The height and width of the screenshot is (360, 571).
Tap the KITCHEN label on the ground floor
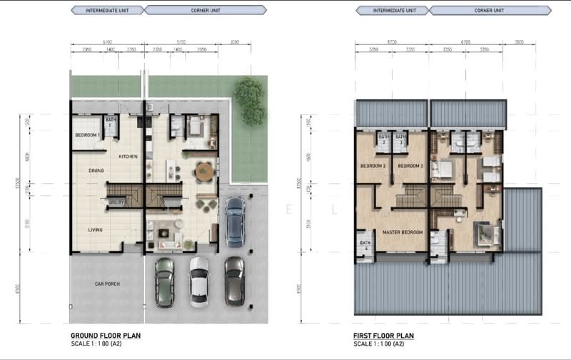pyautogui.click(x=128, y=156)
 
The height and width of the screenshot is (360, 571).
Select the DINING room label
pyautogui.click(x=96, y=171)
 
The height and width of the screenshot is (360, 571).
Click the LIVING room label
pyautogui.click(x=96, y=229)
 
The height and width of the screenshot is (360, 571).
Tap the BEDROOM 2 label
pyautogui.click(x=373, y=166)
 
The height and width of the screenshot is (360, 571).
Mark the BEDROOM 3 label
pyautogui.click(x=410, y=166)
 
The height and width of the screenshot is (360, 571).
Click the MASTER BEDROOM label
pyautogui.click(x=403, y=232)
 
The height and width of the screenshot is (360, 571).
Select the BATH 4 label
pyautogui.click(x=364, y=245)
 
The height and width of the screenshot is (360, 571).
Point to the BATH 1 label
pyautogui.click(x=110, y=123)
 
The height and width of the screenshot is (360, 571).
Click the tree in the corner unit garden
pyautogui.click(x=249, y=100)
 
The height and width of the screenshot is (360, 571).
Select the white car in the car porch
pyautogui.click(x=199, y=281)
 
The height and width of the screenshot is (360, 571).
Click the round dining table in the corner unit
pyautogui.click(x=204, y=171)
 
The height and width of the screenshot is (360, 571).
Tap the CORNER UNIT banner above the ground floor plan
pyautogui.click(x=205, y=10)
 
